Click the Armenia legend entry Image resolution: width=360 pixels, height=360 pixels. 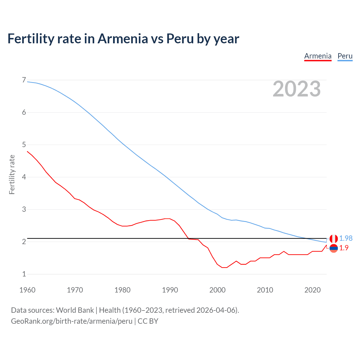tap(318, 56)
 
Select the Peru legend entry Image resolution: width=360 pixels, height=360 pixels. tap(345, 56)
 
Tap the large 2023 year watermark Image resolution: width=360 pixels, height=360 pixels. tap(296, 89)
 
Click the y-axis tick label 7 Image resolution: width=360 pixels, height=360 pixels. tap(24, 80)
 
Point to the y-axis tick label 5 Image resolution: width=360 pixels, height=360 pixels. tap(24, 145)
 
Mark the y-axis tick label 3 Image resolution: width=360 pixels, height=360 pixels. tap(24, 209)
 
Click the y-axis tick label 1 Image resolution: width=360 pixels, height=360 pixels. tap(24, 274)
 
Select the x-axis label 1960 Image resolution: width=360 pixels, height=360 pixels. tap(27, 290)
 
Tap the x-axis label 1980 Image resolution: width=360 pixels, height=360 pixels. tap(122, 290)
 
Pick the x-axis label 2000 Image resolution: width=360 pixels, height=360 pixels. tap(217, 290)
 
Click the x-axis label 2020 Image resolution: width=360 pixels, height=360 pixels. tap(312, 290)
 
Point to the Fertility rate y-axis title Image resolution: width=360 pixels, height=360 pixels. tap(12, 174)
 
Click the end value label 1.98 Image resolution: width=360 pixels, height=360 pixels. tap(346, 238)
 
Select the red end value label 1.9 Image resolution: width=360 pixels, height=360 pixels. tap(344, 248)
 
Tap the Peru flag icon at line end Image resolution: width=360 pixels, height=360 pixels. tap(334, 239)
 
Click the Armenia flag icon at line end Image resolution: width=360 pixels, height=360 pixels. tap(334, 248)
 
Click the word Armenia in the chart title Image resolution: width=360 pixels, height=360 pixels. tap(123, 39)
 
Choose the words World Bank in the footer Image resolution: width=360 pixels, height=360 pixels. tap(75, 310)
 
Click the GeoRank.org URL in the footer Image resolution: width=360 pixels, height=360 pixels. tap(71, 321)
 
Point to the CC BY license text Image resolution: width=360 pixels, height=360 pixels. tap(148, 321)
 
